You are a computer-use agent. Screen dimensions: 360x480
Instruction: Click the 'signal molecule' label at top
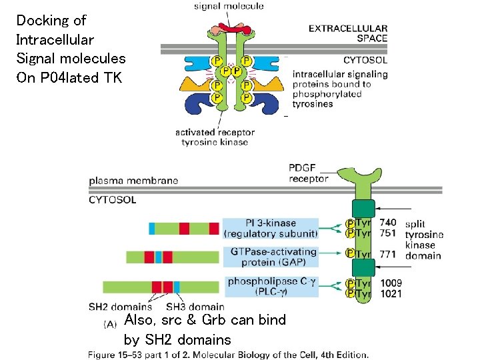[x=229, y=6]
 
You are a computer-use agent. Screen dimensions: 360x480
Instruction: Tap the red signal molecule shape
[x=231, y=30]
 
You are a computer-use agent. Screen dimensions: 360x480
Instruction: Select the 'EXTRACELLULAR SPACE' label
[x=347, y=33]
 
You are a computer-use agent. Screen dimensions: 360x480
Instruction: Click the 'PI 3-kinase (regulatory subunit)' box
[x=270, y=228]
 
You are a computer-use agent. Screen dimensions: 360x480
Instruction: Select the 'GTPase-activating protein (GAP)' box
[x=270, y=257]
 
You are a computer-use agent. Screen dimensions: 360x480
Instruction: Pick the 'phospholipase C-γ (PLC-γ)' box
[x=270, y=287]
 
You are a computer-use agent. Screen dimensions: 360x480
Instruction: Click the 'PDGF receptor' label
[x=309, y=173]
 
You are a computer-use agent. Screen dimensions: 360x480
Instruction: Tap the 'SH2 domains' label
[x=120, y=307]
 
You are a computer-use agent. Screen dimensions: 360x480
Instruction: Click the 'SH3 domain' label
[x=195, y=307]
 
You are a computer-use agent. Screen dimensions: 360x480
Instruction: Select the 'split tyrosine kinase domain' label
[x=423, y=240]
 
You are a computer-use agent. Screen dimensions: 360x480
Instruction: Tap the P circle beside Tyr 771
[x=350, y=253]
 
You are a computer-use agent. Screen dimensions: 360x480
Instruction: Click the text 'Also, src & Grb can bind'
[x=205, y=320]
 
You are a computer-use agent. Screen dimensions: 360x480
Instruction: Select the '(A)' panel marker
[x=111, y=324]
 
